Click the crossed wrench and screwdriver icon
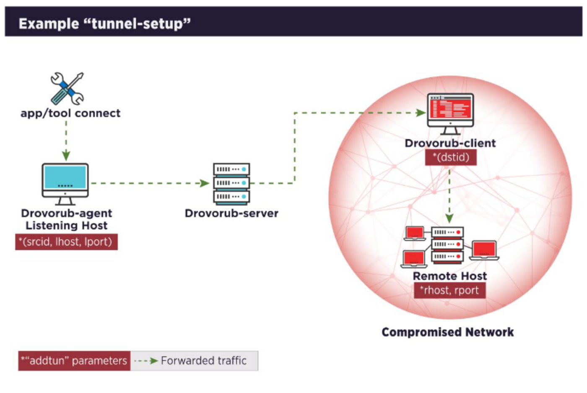tap(67, 88)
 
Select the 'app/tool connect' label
tap(70, 113)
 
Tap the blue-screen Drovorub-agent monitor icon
tap(65, 183)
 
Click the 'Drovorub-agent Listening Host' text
tap(67, 219)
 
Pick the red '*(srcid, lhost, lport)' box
tap(66, 242)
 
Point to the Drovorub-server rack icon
tap(231, 183)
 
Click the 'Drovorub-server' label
tap(231, 213)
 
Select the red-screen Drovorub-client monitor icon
tap(450, 113)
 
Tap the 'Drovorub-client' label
tap(450, 143)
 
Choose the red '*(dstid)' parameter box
tap(451, 157)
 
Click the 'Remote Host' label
tap(450, 276)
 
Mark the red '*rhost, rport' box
tap(450, 290)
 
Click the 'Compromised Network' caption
tap(447, 332)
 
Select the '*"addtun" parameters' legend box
tap(74, 361)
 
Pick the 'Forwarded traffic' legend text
tap(204, 361)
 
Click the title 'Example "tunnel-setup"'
tap(104, 23)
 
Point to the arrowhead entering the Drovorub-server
tap(205, 183)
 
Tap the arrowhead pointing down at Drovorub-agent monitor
tap(66, 156)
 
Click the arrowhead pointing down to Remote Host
tap(449, 219)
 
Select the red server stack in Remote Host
tap(447, 244)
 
